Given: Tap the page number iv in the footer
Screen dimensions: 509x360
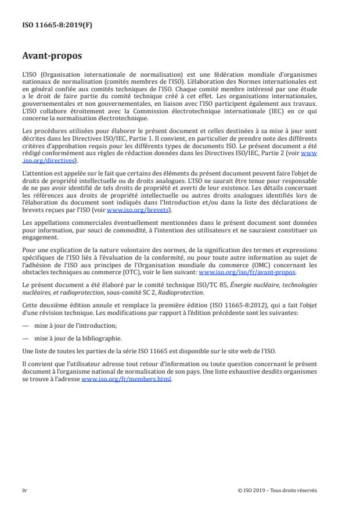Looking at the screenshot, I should [x=24, y=490].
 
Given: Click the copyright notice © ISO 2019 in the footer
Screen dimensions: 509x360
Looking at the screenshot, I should [x=278, y=490].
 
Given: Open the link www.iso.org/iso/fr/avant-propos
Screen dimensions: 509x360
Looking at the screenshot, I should [x=247, y=272].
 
